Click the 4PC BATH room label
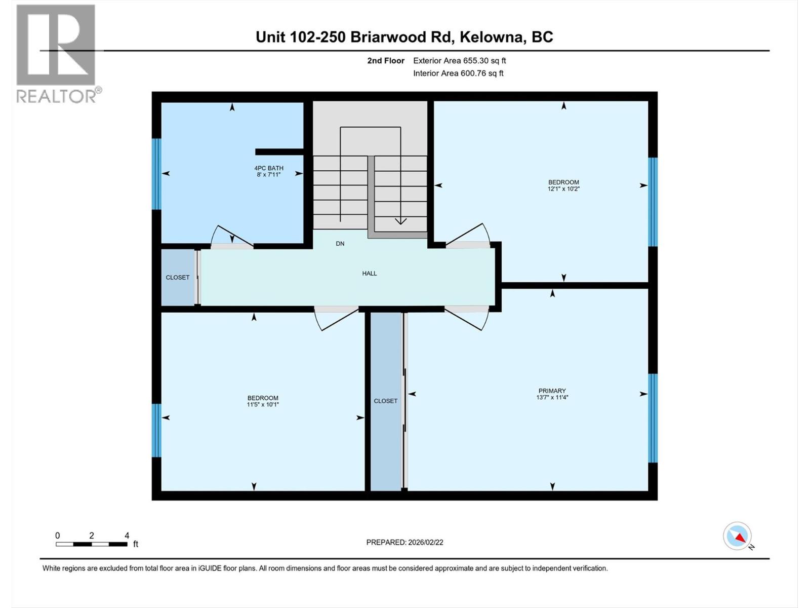(x=268, y=168)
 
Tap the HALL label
(x=370, y=274)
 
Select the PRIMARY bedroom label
(x=552, y=391)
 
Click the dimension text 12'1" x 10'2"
(x=563, y=189)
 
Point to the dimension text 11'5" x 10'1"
(x=263, y=405)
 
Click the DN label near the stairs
(x=340, y=244)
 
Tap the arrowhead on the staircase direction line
(x=400, y=221)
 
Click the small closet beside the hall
(x=178, y=277)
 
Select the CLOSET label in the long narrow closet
(x=386, y=401)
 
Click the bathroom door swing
(x=231, y=237)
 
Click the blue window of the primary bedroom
(x=653, y=418)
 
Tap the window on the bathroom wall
(x=156, y=174)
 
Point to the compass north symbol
(x=738, y=536)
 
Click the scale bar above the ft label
(x=92, y=544)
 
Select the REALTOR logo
(x=56, y=53)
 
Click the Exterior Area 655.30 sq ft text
(x=459, y=61)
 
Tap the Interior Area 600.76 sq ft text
(x=458, y=73)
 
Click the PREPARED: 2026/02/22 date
(x=404, y=542)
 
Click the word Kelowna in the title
(x=491, y=37)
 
